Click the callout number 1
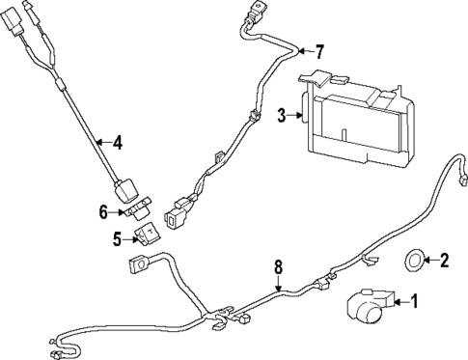(x=416, y=302)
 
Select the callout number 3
(x=282, y=116)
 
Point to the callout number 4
(x=117, y=144)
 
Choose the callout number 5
(x=117, y=237)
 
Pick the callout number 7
(x=320, y=50)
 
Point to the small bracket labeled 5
(x=150, y=234)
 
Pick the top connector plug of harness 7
(x=255, y=15)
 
